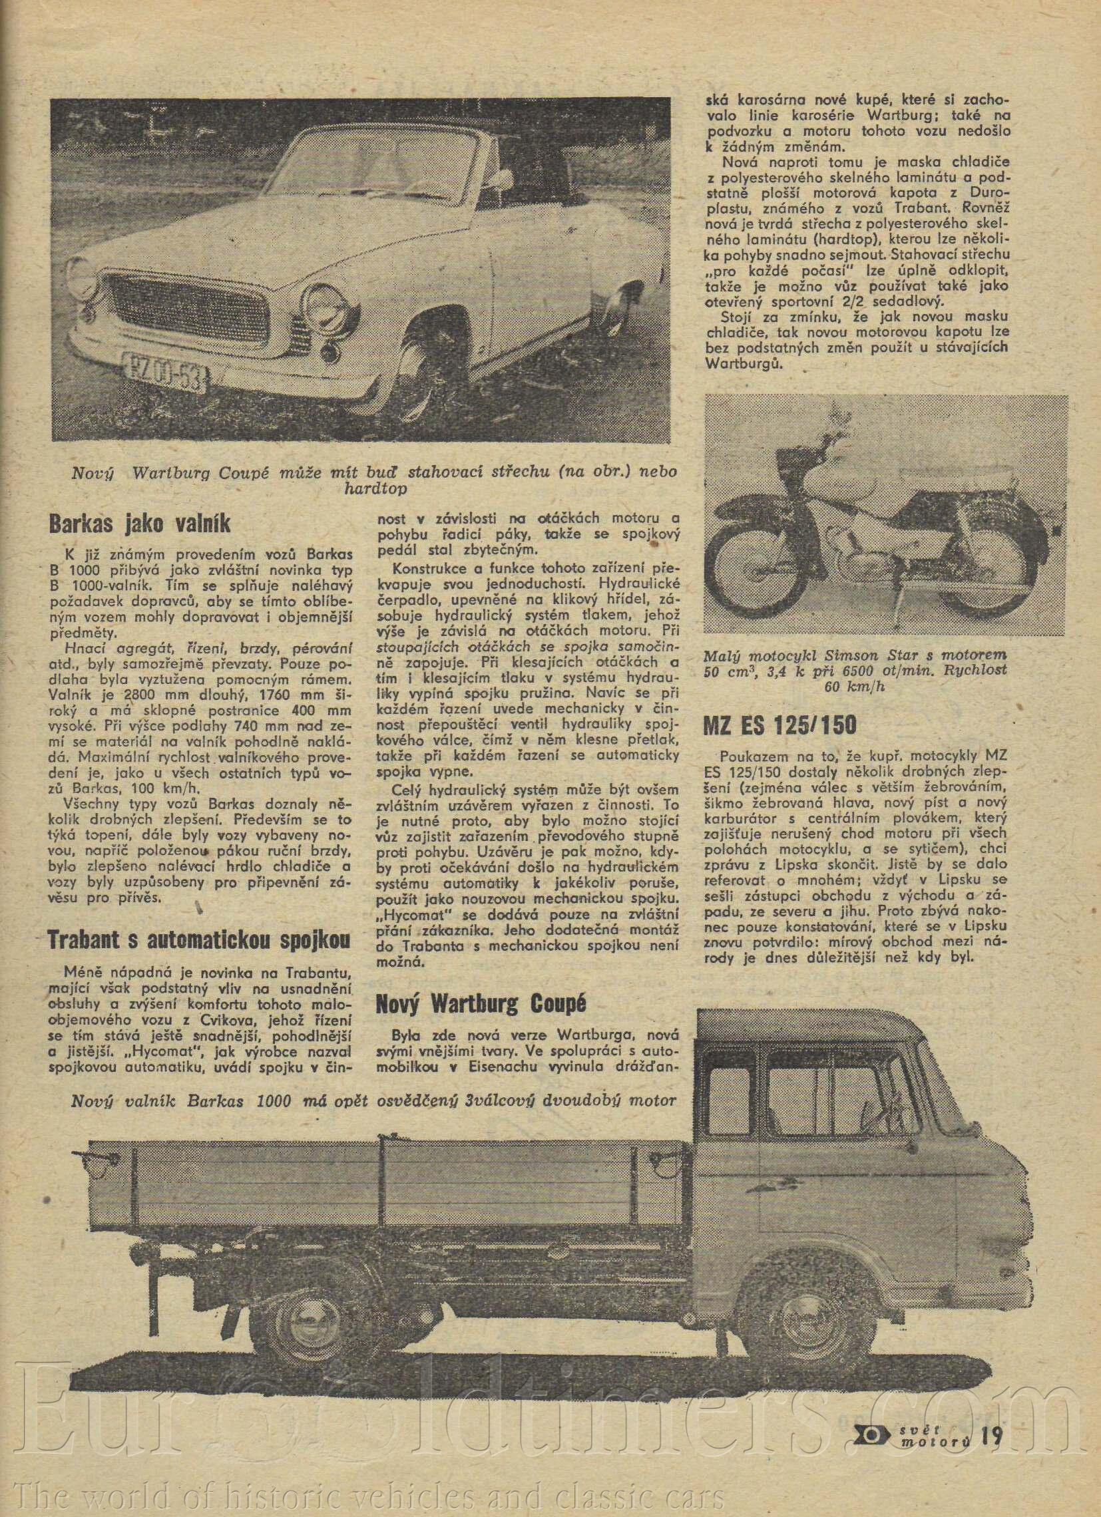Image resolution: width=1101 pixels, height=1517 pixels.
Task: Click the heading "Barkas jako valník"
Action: coord(140,524)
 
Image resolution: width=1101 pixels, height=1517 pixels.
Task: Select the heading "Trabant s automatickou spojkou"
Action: coord(199,940)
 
